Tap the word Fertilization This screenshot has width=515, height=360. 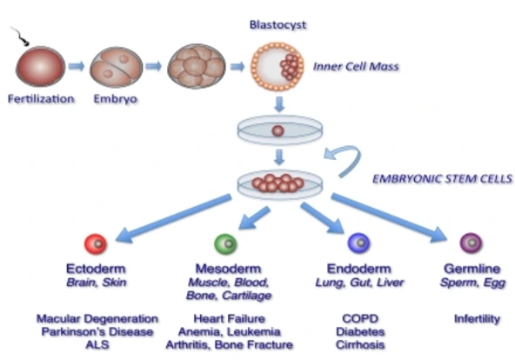[41, 99]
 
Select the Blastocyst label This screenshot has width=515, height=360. [278, 25]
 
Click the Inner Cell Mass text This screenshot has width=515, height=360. [356, 67]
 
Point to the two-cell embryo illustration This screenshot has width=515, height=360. [117, 68]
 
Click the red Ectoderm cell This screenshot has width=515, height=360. [96, 243]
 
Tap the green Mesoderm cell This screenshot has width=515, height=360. [225, 243]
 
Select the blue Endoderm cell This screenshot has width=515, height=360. [359, 243]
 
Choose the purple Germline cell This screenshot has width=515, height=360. [471, 243]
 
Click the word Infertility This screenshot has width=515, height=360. [478, 318]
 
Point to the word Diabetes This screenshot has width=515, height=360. [360, 332]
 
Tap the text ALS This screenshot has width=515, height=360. [97, 345]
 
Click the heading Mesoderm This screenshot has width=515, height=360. [228, 269]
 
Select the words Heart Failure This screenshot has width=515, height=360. [230, 318]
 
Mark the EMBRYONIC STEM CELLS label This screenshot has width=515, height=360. [443, 179]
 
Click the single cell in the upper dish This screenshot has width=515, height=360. [278, 131]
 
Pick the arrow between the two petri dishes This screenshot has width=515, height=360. [279, 157]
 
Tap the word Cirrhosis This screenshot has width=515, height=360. [360, 345]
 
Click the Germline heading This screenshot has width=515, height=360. [472, 269]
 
